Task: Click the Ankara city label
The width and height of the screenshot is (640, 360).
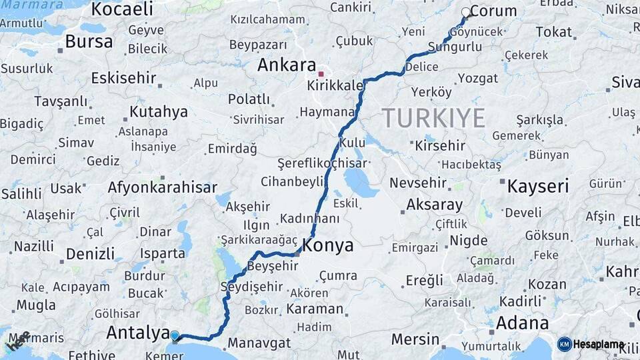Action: coord(287,65)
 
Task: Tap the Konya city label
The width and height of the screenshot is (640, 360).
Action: coord(327,245)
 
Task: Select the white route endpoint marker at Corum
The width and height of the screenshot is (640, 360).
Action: coord(466,12)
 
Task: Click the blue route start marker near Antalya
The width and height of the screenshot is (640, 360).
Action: coord(175,336)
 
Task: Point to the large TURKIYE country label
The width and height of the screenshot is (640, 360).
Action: coord(433,118)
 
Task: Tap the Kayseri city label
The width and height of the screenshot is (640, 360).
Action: coord(537,186)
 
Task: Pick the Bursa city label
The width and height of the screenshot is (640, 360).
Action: coord(89,41)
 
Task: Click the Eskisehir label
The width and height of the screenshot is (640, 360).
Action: coord(123,78)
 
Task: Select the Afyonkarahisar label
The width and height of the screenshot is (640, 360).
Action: coord(163,187)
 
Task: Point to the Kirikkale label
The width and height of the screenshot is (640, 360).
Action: coord(335,86)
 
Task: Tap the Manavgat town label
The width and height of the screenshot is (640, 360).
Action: coord(259,343)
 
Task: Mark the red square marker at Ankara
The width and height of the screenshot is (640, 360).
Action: coord(321,74)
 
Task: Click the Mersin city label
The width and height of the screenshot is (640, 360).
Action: coord(415,339)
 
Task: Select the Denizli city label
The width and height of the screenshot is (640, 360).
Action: coord(90,254)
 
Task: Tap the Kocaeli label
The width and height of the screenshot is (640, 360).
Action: coord(122,9)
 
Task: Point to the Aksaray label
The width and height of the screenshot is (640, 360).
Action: coord(434,205)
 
